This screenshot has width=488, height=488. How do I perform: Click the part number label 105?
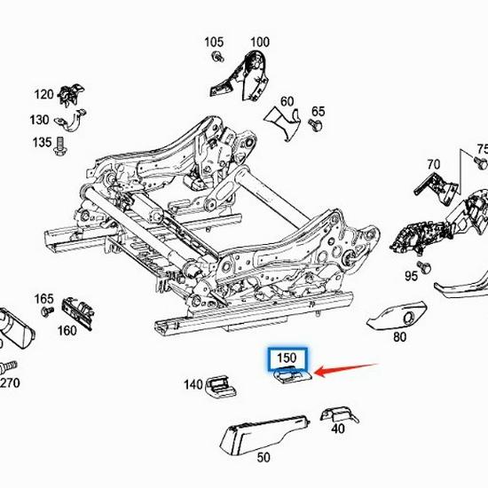tap(215, 42)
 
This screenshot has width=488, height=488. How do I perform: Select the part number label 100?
tap(259, 42)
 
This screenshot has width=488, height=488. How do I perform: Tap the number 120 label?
tap(44, 94)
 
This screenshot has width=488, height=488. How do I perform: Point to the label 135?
tap(42, 142)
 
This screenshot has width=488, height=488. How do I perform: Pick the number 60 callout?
tap(287, 101)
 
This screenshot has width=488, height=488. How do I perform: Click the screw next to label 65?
tap(314, 128)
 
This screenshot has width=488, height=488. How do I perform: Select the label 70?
tap(433, 164)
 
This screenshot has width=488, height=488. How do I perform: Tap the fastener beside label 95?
tap(423, 264)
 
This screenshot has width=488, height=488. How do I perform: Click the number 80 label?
tap(399, 336)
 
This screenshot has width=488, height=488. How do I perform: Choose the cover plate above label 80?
tap(398, 313)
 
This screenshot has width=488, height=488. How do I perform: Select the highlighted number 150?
tap(287, 358)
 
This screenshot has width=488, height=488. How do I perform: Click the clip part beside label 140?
tap(221, 385)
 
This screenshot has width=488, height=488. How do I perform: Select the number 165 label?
tap(44, 299)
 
